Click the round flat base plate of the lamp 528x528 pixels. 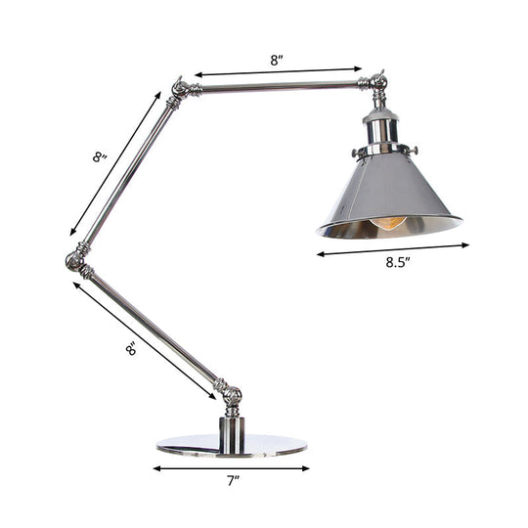pyautogui.click(x=231, y=446)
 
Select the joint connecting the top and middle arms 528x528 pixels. pyautogui.click(x=180, y=91)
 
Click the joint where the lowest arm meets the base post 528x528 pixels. pyautogui.click(x=232, y=396)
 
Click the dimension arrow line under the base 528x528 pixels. pyautogui.click(x=231, y=467)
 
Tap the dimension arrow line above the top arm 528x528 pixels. pyautogui.click(x=278, y=71)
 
